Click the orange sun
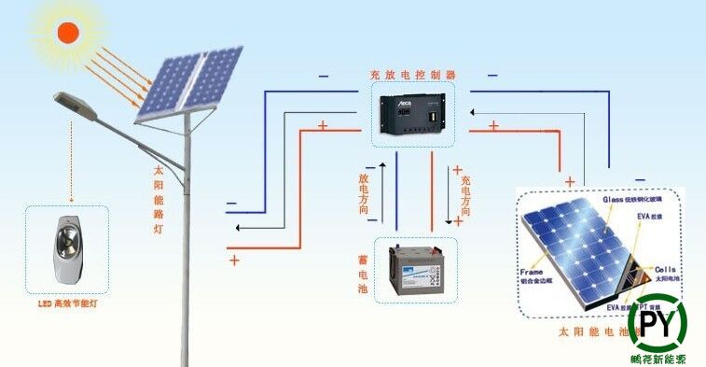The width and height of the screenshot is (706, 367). pos(68,33)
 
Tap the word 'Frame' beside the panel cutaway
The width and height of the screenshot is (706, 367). pos(531,273)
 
